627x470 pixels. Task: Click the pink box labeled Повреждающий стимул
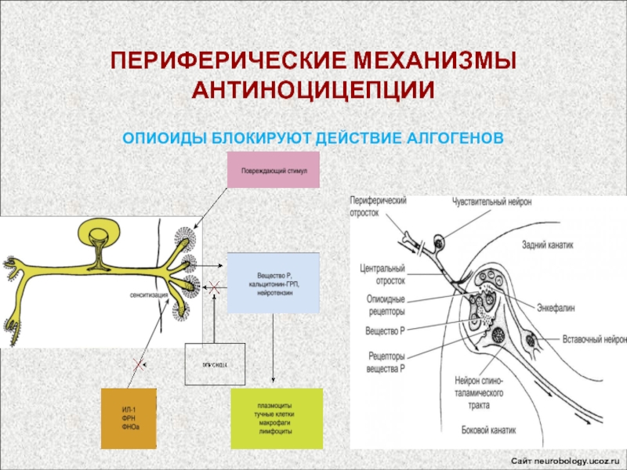(273, 170)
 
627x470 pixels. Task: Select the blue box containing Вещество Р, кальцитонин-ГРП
(273, 283)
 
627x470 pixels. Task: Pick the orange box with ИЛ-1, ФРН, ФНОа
(129, 418)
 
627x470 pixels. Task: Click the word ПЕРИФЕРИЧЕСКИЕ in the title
(220, 61)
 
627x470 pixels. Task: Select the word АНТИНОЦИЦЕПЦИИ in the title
(313, 89)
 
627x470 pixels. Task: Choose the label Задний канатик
(548, 244)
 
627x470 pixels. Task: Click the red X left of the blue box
(213, 288)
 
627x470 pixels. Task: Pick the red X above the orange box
(138, 364)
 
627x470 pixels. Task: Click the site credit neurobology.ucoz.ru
(565, 457)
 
